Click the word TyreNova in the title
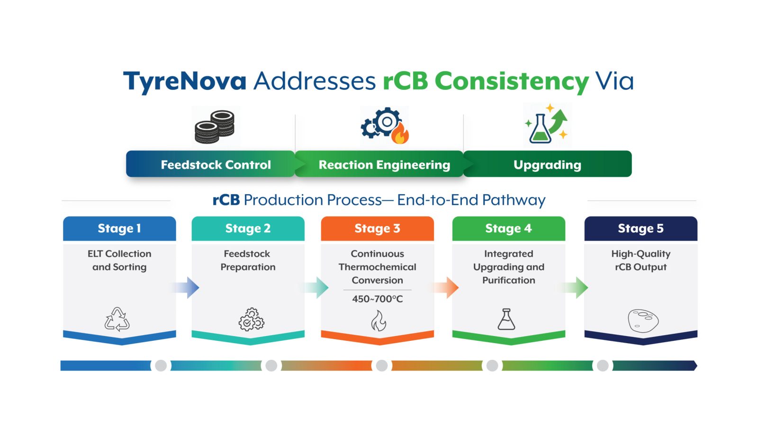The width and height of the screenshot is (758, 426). coord(185,81)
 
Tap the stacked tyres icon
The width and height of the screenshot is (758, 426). coord(215,127)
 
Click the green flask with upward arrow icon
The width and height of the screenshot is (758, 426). coord(546,124)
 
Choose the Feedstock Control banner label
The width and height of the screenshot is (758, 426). coord(216,165)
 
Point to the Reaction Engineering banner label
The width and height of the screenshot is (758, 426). coord(384,165)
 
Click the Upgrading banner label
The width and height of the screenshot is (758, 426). coord(547,165)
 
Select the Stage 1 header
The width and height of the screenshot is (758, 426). coord(119,229)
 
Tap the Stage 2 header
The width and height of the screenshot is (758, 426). coord(248,229)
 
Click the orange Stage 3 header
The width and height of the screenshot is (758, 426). coord(377,229)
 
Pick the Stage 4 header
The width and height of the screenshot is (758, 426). coord(509,229)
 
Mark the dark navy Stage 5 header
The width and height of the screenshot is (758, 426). coord(641,229)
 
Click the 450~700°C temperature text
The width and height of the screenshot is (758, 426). coord(377,299)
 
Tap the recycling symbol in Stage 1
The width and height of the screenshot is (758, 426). coord(117,319)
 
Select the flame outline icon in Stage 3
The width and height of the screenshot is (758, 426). coord(379,320)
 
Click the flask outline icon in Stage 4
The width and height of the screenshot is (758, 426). coord(506,319)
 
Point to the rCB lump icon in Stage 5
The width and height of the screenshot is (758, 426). coord(643,320)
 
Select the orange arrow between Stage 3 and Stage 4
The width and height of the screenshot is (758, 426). coord(445,288)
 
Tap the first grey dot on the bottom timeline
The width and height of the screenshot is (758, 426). coord(161,365)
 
